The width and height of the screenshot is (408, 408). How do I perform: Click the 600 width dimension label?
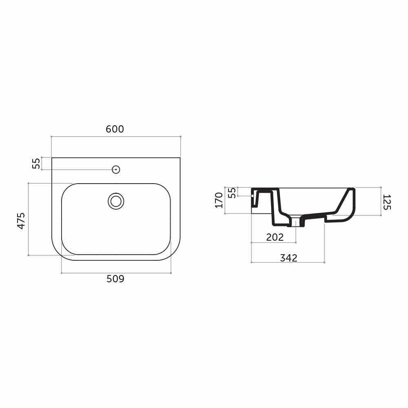[115, 129]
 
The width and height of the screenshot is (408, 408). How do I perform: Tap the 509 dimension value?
[115, 279]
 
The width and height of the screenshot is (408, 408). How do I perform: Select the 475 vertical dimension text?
[21, 221]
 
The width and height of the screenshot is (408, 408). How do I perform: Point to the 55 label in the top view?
[36, 164]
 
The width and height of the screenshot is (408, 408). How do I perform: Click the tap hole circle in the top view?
[116, 170]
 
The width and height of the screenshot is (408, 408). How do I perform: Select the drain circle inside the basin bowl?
[116, 201]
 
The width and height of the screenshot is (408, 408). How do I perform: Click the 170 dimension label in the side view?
[219, 200]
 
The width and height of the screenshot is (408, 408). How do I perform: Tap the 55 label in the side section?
[232, 193]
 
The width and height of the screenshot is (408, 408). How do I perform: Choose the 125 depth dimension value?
[387, 202]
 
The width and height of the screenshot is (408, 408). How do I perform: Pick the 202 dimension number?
[275, 237]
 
